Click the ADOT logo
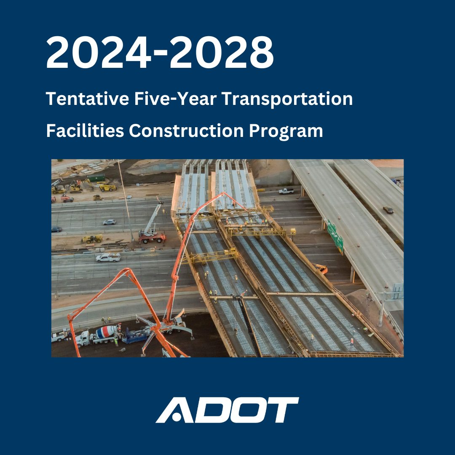(227, 410)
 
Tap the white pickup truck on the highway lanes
(108, 257)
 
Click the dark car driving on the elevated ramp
(388, 209)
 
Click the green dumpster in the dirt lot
(96, 178)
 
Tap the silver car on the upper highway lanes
(109, 222)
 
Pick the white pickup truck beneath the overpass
(286, 191)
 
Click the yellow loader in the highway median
(92, 239)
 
